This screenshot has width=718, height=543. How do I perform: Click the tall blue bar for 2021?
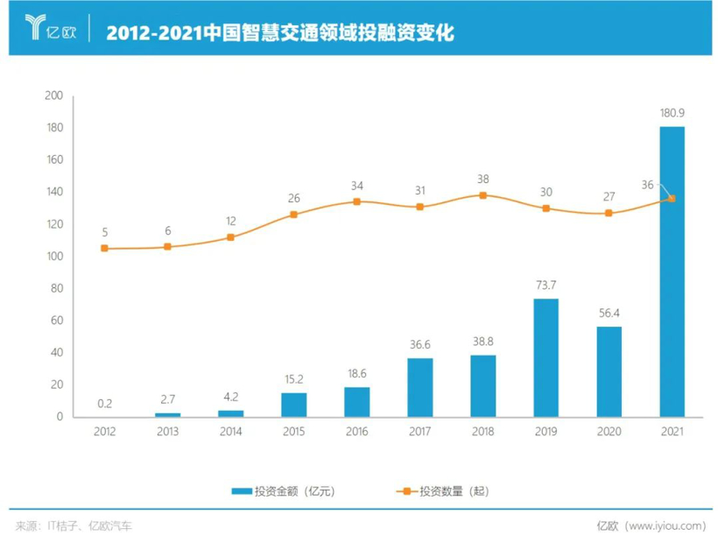(672, 271)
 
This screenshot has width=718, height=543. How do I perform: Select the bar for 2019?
(546, 357)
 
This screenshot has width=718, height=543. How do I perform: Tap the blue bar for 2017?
(419, 387)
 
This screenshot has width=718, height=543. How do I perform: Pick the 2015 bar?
(293, 405)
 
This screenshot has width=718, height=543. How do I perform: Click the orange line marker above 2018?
(482, 195)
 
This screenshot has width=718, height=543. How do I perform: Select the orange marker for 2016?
(356, 201)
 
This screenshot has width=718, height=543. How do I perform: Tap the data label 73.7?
(546, 286)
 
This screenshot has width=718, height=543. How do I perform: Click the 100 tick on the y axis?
(54, 257)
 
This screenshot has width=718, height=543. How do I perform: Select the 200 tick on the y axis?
(54, 95)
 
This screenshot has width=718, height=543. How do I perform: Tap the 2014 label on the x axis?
(230, 431)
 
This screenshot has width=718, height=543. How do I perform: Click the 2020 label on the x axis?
(609, 431)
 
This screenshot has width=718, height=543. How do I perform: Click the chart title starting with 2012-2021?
(280, 32)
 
